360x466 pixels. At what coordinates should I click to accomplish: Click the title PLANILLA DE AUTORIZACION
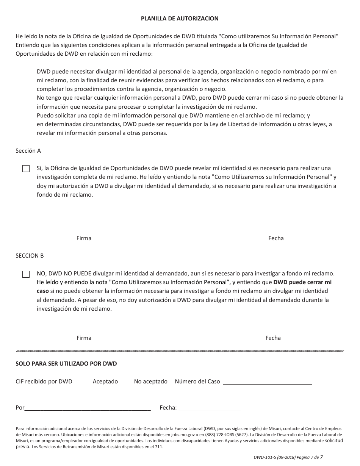(180, 18)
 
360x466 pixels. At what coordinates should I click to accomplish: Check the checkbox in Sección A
(26, 169)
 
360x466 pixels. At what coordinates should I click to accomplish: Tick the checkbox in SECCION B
(26, 274)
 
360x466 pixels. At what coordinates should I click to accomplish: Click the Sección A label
(28, 151)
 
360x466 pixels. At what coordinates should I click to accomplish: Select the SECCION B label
(30, 256)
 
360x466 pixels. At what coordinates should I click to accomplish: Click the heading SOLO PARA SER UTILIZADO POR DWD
(66, 364)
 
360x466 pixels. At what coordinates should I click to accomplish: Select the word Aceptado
(105, 382)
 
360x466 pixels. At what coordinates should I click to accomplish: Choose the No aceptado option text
(150, 382)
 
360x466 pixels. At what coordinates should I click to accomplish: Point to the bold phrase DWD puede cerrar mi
(302, 282)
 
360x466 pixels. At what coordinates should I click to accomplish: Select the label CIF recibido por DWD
(44, 382)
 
